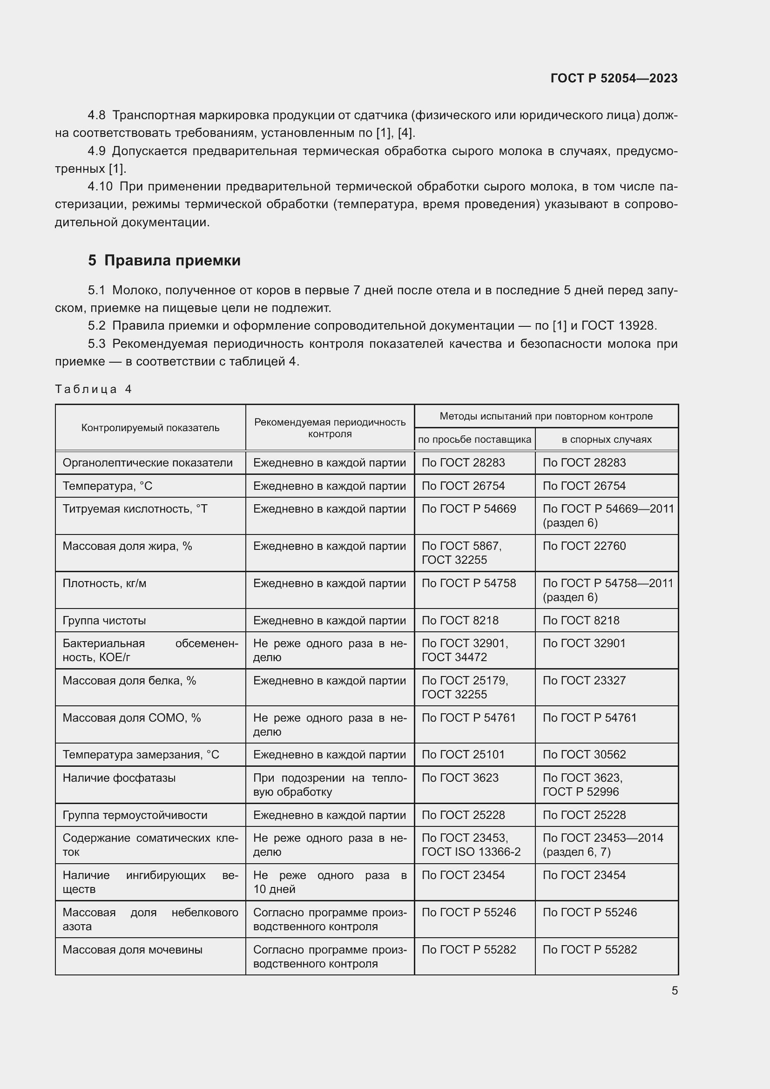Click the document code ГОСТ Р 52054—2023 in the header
614,78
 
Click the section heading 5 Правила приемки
164,260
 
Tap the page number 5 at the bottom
674,991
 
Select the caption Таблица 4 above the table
93,389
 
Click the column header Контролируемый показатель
150,428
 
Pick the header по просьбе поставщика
474,440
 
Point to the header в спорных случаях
606,440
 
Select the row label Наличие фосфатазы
119,778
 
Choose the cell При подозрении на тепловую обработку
330,785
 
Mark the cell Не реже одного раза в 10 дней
330,882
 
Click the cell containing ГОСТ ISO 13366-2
471,852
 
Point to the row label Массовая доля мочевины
132,950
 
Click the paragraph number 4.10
100,186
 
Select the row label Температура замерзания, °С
141,755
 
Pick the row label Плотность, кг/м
104,583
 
